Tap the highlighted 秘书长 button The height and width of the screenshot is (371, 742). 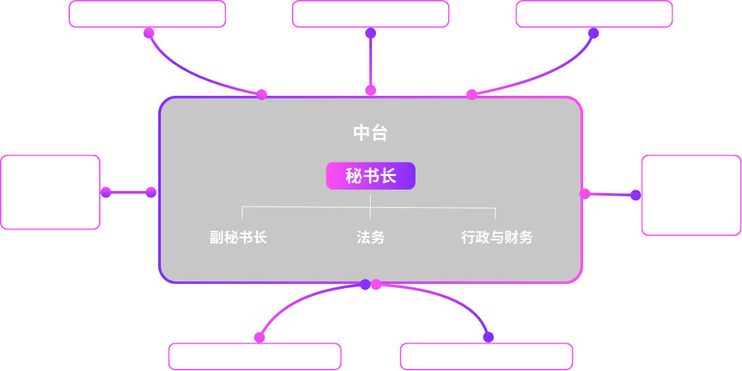(x=371, y=176)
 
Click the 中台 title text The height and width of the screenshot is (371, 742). (x=370, y=133)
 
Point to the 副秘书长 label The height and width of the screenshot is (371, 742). (x=238, y=237)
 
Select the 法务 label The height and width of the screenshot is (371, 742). (x=371, y=237)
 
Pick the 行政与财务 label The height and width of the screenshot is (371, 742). (x=497, y=237)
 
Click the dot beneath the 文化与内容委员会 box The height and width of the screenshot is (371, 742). (x=149, y=33)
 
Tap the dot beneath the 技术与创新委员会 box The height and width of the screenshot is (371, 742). (x=371, y=33)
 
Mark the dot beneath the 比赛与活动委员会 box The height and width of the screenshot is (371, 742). (x=593, y=33)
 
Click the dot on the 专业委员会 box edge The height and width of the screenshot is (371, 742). (x=635, y=195)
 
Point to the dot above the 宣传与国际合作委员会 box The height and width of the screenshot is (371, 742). (x=259, y=337)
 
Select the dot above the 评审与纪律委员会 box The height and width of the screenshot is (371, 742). (x=488, y=337)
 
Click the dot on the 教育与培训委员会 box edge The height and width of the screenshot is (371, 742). (x=106, y=192)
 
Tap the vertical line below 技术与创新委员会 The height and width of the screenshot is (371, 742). (x=371, y=61)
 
